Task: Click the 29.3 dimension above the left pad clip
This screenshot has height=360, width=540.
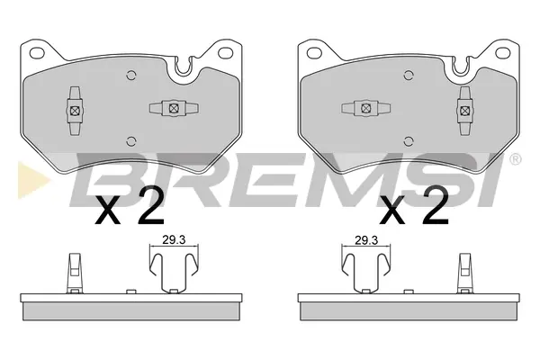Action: point(174,239)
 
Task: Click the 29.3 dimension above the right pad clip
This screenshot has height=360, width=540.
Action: point(366,239)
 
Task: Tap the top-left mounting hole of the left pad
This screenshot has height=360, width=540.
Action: point(38,53)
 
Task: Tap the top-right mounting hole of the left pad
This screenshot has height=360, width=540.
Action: point(226,53)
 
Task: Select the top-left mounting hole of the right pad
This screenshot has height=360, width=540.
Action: point(314,53)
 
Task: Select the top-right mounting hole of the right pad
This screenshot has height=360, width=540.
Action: point(502,53)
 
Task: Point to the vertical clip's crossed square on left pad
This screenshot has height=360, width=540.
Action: point(75,111)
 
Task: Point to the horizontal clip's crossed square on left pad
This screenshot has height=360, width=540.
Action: point(174,108)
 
